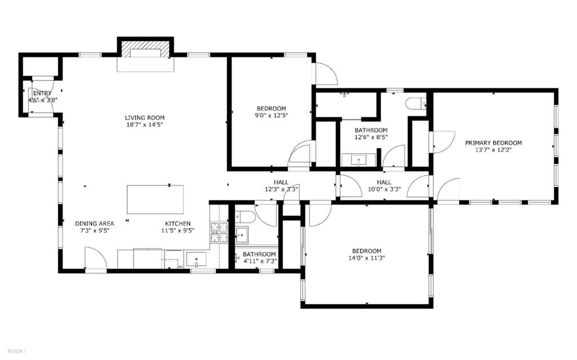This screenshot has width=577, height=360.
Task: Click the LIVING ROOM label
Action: pos(145,118)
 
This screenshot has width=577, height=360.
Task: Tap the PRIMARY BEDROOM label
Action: pos(493,143)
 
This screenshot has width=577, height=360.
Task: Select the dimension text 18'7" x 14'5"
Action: pos(145,125)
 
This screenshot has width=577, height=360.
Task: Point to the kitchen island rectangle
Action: pos(156,199)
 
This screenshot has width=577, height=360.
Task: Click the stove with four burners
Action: pos(219,232)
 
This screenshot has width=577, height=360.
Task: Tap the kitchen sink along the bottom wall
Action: pos(196,260)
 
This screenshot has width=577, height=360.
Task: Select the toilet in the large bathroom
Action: pos(416,103)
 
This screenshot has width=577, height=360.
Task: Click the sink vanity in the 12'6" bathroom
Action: pos(358,160)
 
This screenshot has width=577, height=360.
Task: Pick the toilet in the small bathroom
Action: pos(245,217)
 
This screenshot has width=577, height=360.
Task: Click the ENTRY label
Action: pos(42,94)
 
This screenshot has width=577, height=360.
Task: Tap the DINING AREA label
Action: pos(95,224)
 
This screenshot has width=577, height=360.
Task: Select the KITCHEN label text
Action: pos(177,224)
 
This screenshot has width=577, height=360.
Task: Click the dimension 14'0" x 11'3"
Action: pos(366,258)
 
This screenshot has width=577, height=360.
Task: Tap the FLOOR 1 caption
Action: pos(17,351)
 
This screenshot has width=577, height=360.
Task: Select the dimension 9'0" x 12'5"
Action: pos(271,115)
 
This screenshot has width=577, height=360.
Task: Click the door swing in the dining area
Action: pos(96,259)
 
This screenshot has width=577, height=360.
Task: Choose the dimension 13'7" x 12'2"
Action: pos(494,150)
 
